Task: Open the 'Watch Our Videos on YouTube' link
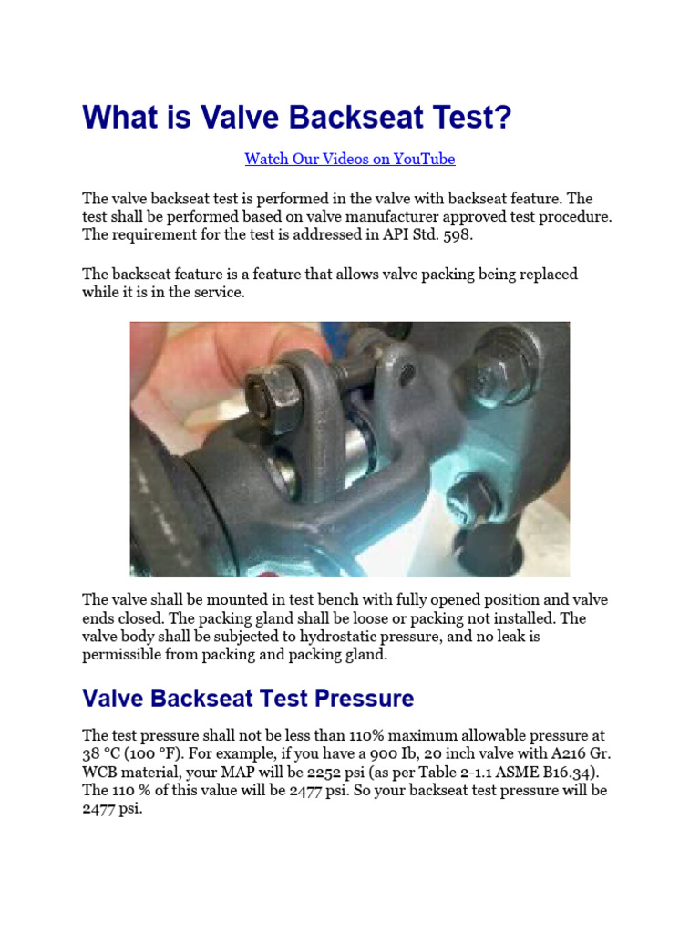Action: (x=349, y=159)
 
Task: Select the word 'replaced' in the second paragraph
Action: (x=547, y=275)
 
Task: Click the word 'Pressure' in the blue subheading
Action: (x=365, y=699)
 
